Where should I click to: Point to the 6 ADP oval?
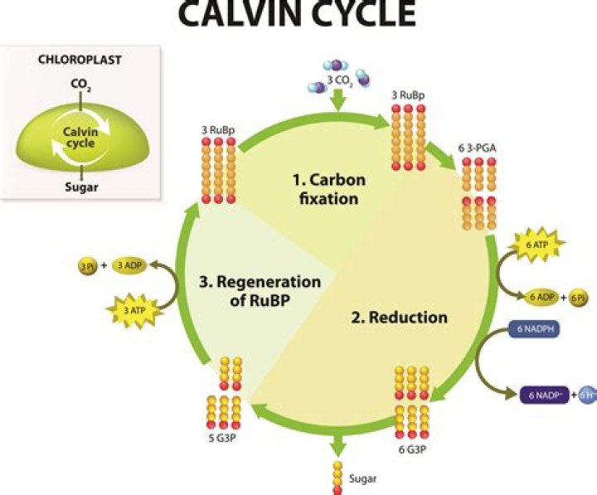540,296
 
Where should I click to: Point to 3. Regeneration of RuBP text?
258,290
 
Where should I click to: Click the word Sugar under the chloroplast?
80,187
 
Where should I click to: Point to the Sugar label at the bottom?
365,478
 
